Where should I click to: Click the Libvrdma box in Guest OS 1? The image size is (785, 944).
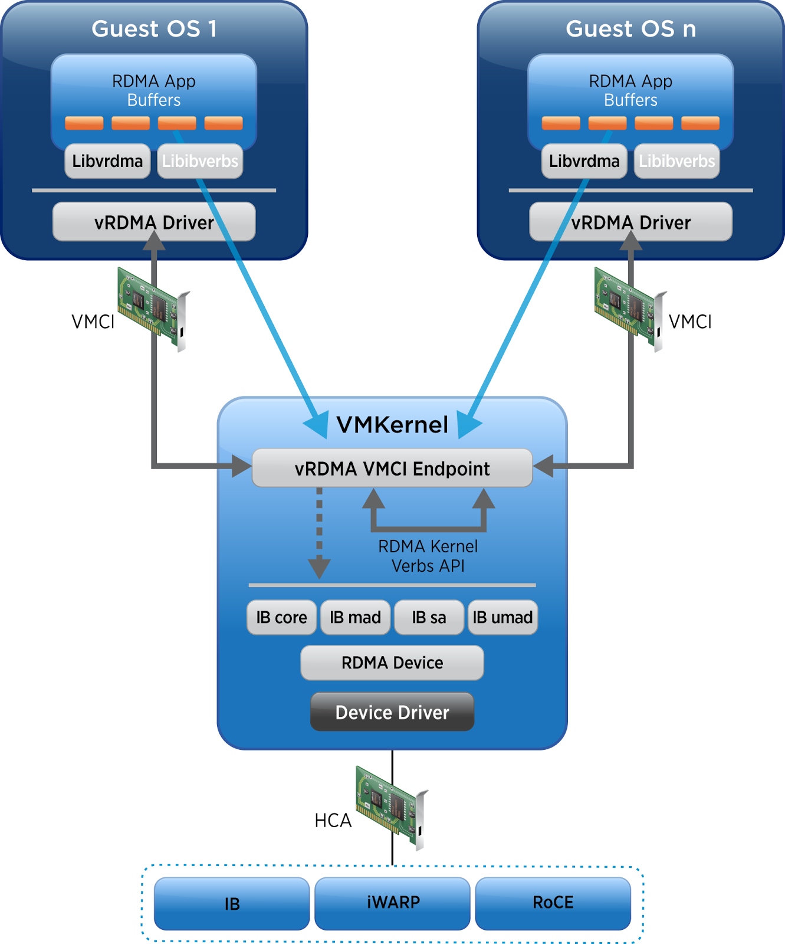click(x=107, y=161)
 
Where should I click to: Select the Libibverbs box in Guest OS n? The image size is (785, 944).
click(x=676, y=161)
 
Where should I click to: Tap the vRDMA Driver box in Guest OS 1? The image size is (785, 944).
click(x=154, y=222)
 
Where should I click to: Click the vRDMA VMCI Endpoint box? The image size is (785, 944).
click(x=392, y=468)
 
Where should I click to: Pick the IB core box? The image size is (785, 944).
click(x=281, y=618)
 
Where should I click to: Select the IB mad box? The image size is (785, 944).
click(x=355, y=618)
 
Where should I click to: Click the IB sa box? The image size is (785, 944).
click(x=429, y=618)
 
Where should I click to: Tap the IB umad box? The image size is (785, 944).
click(x=502, y=618)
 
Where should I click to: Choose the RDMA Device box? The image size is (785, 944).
click(x=392, y=663)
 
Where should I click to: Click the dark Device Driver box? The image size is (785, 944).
click(x=392, y=712)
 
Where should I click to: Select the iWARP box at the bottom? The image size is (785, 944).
click(x=393, y=903)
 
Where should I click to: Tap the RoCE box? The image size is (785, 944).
click(x=553, y=903)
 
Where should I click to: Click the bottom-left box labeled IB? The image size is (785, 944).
click(x=232, y=903)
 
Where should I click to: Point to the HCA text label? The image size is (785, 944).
click(x=333, y=821)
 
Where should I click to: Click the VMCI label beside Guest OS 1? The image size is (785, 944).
click(x=93, y=322)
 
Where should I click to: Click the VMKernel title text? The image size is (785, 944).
click(x=392, y=425)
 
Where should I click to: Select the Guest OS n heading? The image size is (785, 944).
click(x=630, y=29)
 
